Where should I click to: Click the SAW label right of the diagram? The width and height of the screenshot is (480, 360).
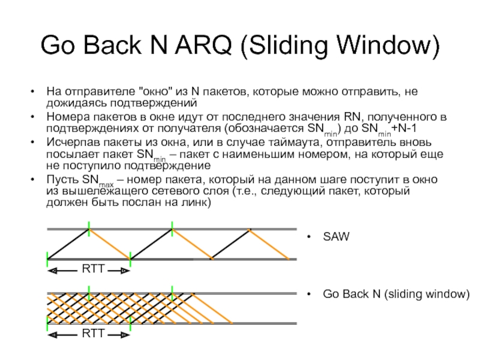click(x=335, y=237)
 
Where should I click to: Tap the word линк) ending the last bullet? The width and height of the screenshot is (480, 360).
click(x=195, y=203)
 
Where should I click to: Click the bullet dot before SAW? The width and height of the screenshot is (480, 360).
click(x=309, y=238)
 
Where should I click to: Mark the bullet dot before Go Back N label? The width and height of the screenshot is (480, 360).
click(x=309, y=295)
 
